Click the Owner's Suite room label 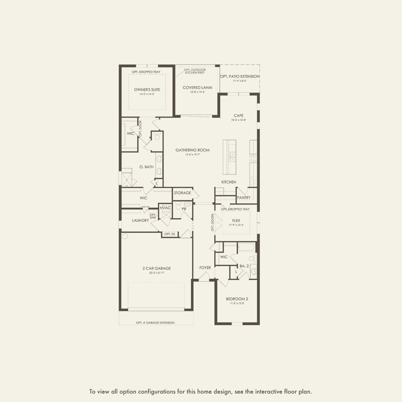[147, 90]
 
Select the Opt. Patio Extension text [240, 77]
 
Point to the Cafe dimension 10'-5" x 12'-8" [239, 120]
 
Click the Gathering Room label [193, 150]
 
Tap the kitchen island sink [232, 157]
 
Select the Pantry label [244, 197]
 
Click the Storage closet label [183, 193]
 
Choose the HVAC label [165, 208]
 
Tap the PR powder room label [184, 209]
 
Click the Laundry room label [140, 220]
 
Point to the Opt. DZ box [170, 234]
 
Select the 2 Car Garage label [157, 268]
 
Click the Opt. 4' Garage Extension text [155, 323]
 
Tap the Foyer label [205, 268]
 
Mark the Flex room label [236, 221]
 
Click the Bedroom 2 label [237, 299]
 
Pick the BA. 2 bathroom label [244, 266]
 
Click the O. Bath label [147, 167]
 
